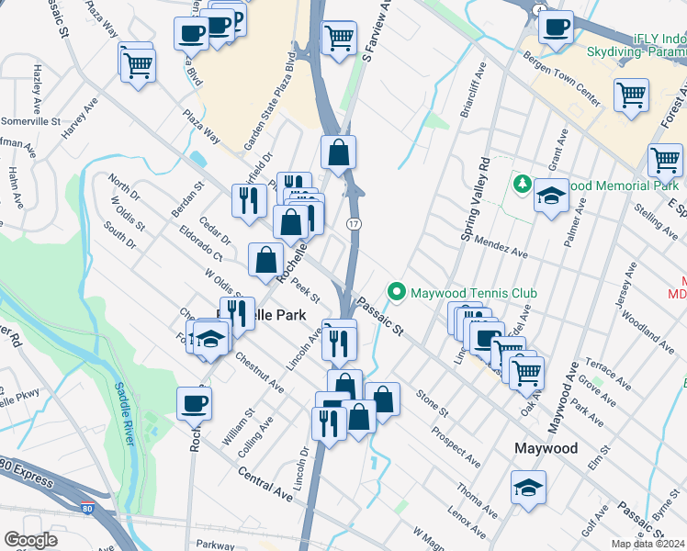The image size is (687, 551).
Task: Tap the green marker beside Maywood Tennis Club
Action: [397, 293]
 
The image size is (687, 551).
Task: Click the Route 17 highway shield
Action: [353, 224]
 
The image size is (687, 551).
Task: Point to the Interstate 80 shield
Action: [86, 507]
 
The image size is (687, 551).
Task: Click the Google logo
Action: [30, 540]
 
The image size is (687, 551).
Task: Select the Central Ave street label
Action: [264, 484]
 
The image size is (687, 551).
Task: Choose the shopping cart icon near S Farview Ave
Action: [339, 38]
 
